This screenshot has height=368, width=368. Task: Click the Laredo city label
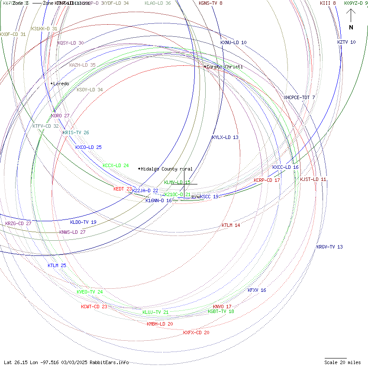[61, 84]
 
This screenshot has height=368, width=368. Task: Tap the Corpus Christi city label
[224, 67]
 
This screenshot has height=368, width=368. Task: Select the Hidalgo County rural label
[166, 169]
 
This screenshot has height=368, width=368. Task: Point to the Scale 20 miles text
[342, 362]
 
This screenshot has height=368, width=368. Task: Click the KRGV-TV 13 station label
[329, 247]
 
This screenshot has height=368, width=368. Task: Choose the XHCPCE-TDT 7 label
[299, 97]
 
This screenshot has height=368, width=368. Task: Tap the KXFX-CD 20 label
[196, 332]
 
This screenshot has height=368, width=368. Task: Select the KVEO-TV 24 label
[90, 292]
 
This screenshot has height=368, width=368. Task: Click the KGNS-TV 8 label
[211, 3]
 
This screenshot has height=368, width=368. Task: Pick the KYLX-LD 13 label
[225, 137]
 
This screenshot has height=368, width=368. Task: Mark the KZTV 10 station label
[346, 42]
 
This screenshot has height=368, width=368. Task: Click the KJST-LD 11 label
[313, 179]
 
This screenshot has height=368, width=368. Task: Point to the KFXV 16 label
[257, 290]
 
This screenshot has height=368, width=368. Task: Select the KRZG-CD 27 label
[18, 223]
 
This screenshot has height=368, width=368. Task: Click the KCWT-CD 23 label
[94, 307]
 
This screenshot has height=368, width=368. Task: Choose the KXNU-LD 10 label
[233, 42]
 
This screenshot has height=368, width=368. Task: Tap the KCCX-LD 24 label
[116, 165]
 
